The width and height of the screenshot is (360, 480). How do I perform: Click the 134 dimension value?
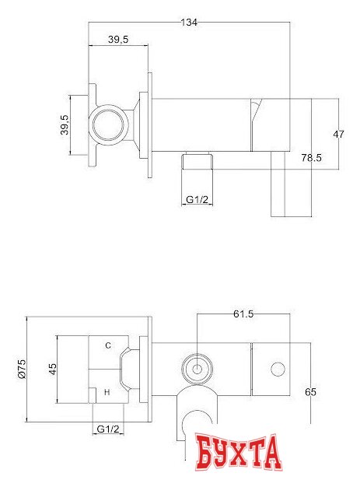click(x=188, y=23)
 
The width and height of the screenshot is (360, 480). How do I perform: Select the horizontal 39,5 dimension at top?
click(x=119, y=38)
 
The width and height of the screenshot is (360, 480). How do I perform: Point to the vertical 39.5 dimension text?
click(x=66, y=124)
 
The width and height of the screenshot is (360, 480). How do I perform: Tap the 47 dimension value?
click(x=338, y=135)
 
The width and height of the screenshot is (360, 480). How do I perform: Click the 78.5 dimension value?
click(x=311, y=158)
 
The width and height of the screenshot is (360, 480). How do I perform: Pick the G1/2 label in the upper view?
click(x=197, y=200)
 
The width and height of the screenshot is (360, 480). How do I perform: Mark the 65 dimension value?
click(x=310, y=392)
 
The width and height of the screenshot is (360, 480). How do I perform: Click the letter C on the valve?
click(x=108, y=345)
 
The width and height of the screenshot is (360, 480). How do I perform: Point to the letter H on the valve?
click(x=107, y=394)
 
